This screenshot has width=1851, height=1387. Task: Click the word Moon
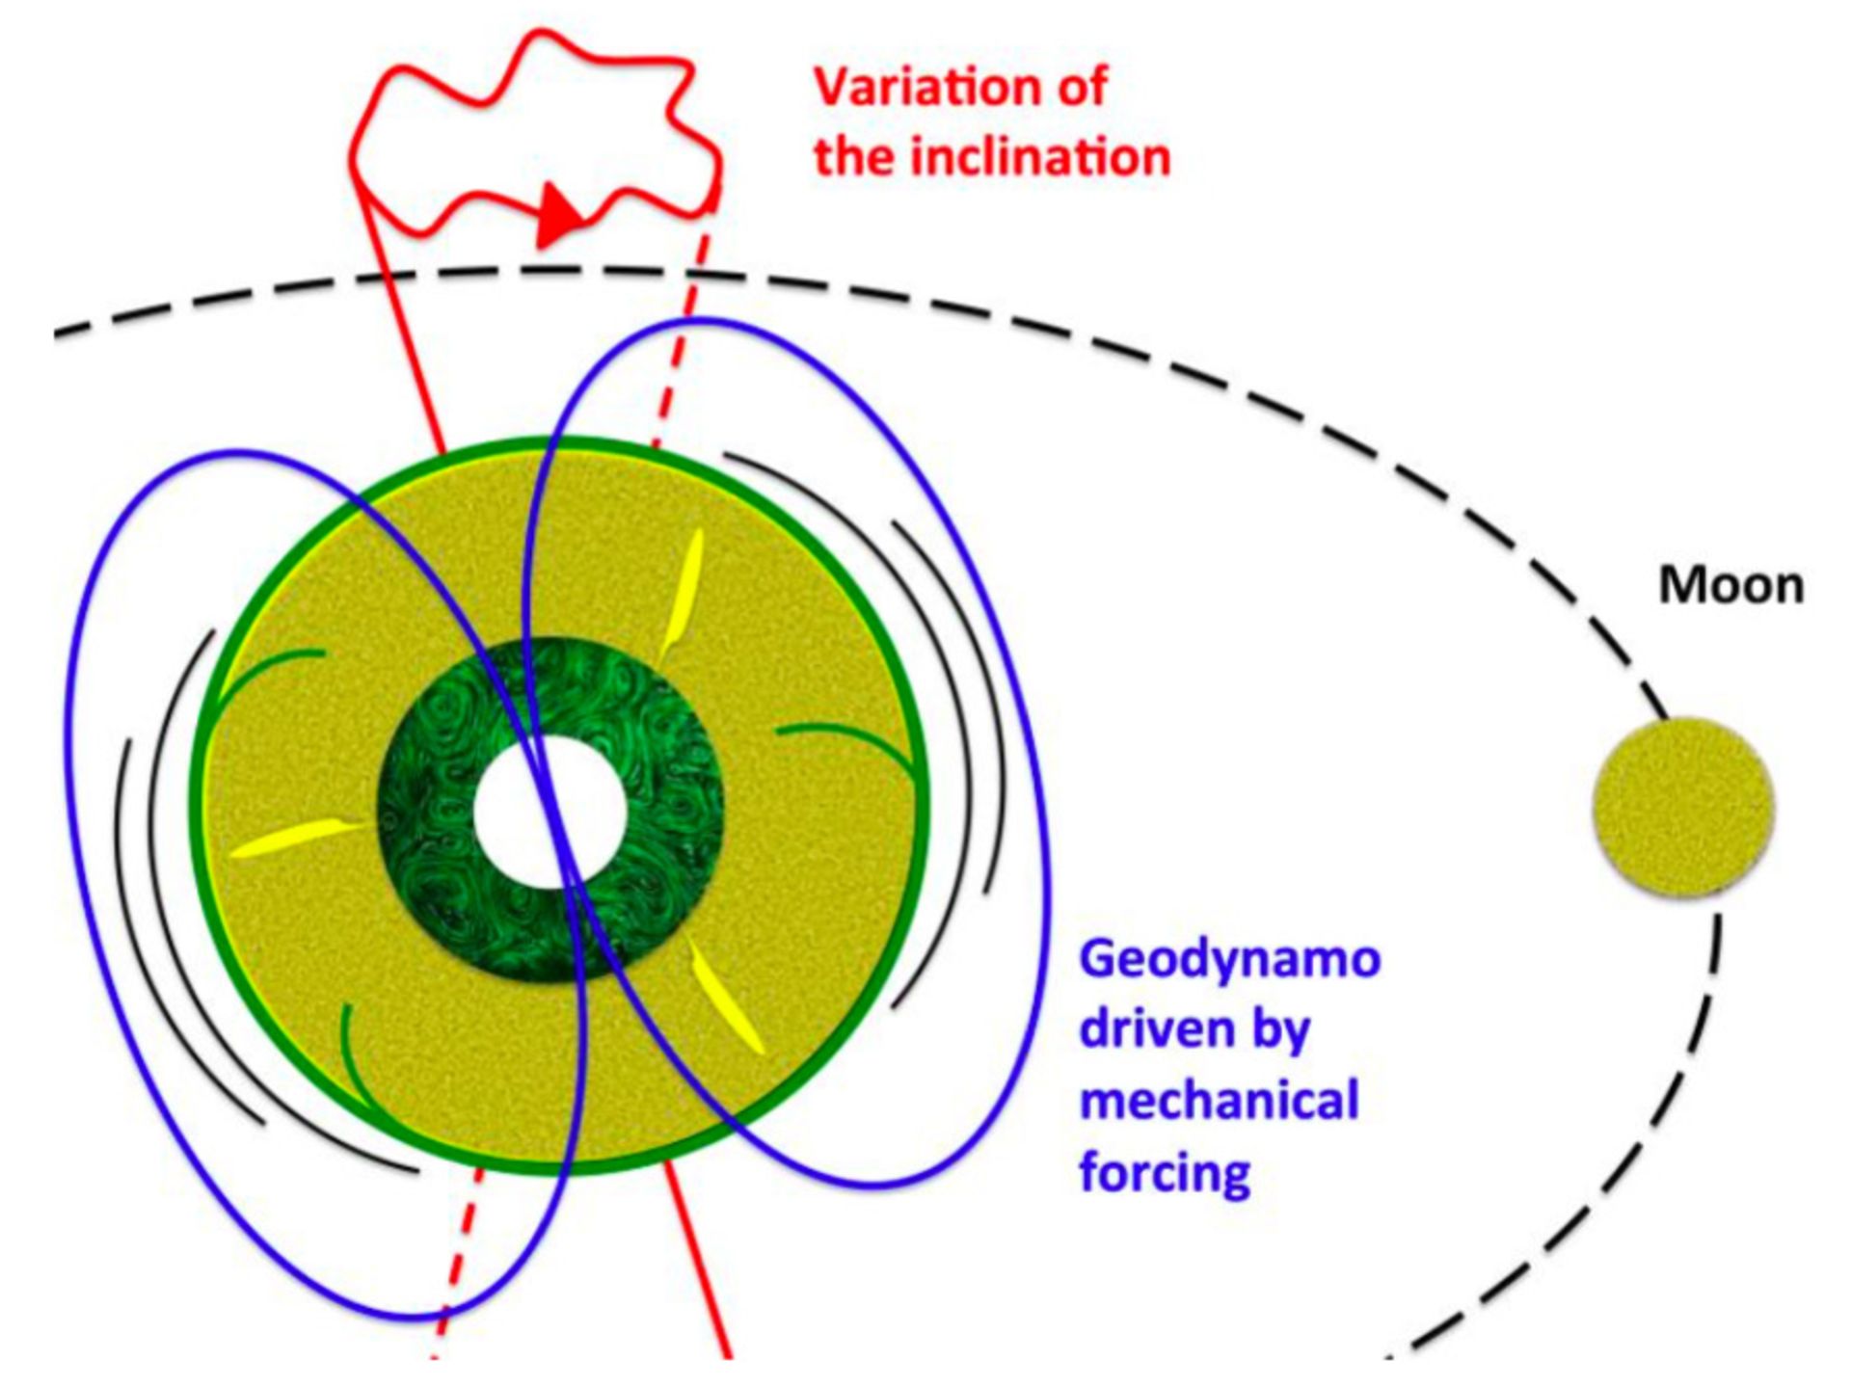click(x=1730, y=586)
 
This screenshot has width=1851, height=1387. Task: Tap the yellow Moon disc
click(x=1683, y=809)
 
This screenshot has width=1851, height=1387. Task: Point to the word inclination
click(x=1041, y=157)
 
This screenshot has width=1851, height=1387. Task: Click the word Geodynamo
click(x=1230, y=959)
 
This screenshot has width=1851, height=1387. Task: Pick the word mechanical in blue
click(x=1220, y=1101)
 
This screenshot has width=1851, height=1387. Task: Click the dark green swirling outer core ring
click(x=550, y=810)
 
